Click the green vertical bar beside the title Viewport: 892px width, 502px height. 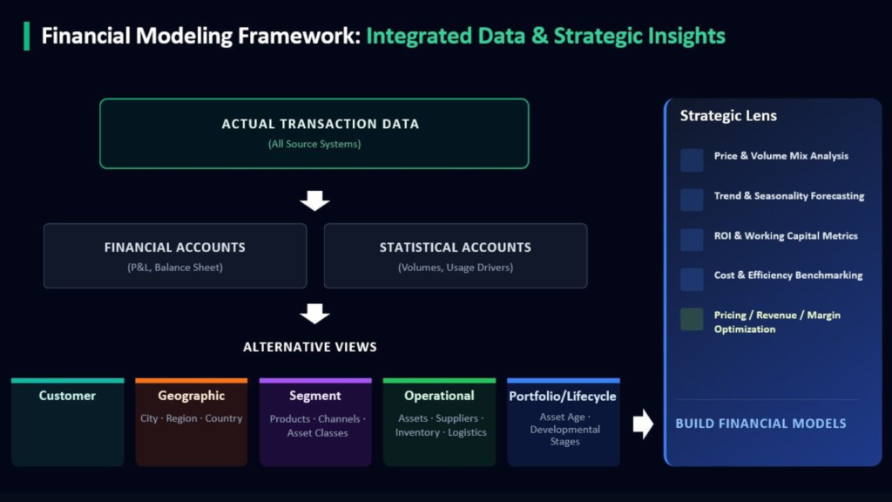click(27, 36)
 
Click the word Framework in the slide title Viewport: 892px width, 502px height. click(299, 36)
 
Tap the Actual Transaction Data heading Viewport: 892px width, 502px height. click(321, 124)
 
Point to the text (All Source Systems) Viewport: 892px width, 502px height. click(314, 144)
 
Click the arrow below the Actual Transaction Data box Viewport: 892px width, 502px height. click(314, 200)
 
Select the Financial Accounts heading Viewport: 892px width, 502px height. click(174, 248)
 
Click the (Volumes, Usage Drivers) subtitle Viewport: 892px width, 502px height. click(455, 268)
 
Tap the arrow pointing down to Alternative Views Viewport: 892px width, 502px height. click(314, 313)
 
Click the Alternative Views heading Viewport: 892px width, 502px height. click(310, 347)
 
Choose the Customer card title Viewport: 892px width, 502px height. click(67, 396)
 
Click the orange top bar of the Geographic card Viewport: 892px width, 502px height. click(191, 380)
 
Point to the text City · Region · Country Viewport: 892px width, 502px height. click(191, 418)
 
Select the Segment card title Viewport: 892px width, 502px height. click(315, 397)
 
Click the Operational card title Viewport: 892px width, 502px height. click(439, 396)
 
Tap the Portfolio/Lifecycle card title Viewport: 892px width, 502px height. click(563, 397)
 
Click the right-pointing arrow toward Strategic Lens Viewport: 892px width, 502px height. click(644, 424)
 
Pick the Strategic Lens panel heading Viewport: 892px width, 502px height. click(728, 116)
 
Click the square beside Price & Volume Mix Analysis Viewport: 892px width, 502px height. click(692, 160)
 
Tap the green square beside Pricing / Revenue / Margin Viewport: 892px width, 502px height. click(692, 319)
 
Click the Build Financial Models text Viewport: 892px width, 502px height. click(760, 424)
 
